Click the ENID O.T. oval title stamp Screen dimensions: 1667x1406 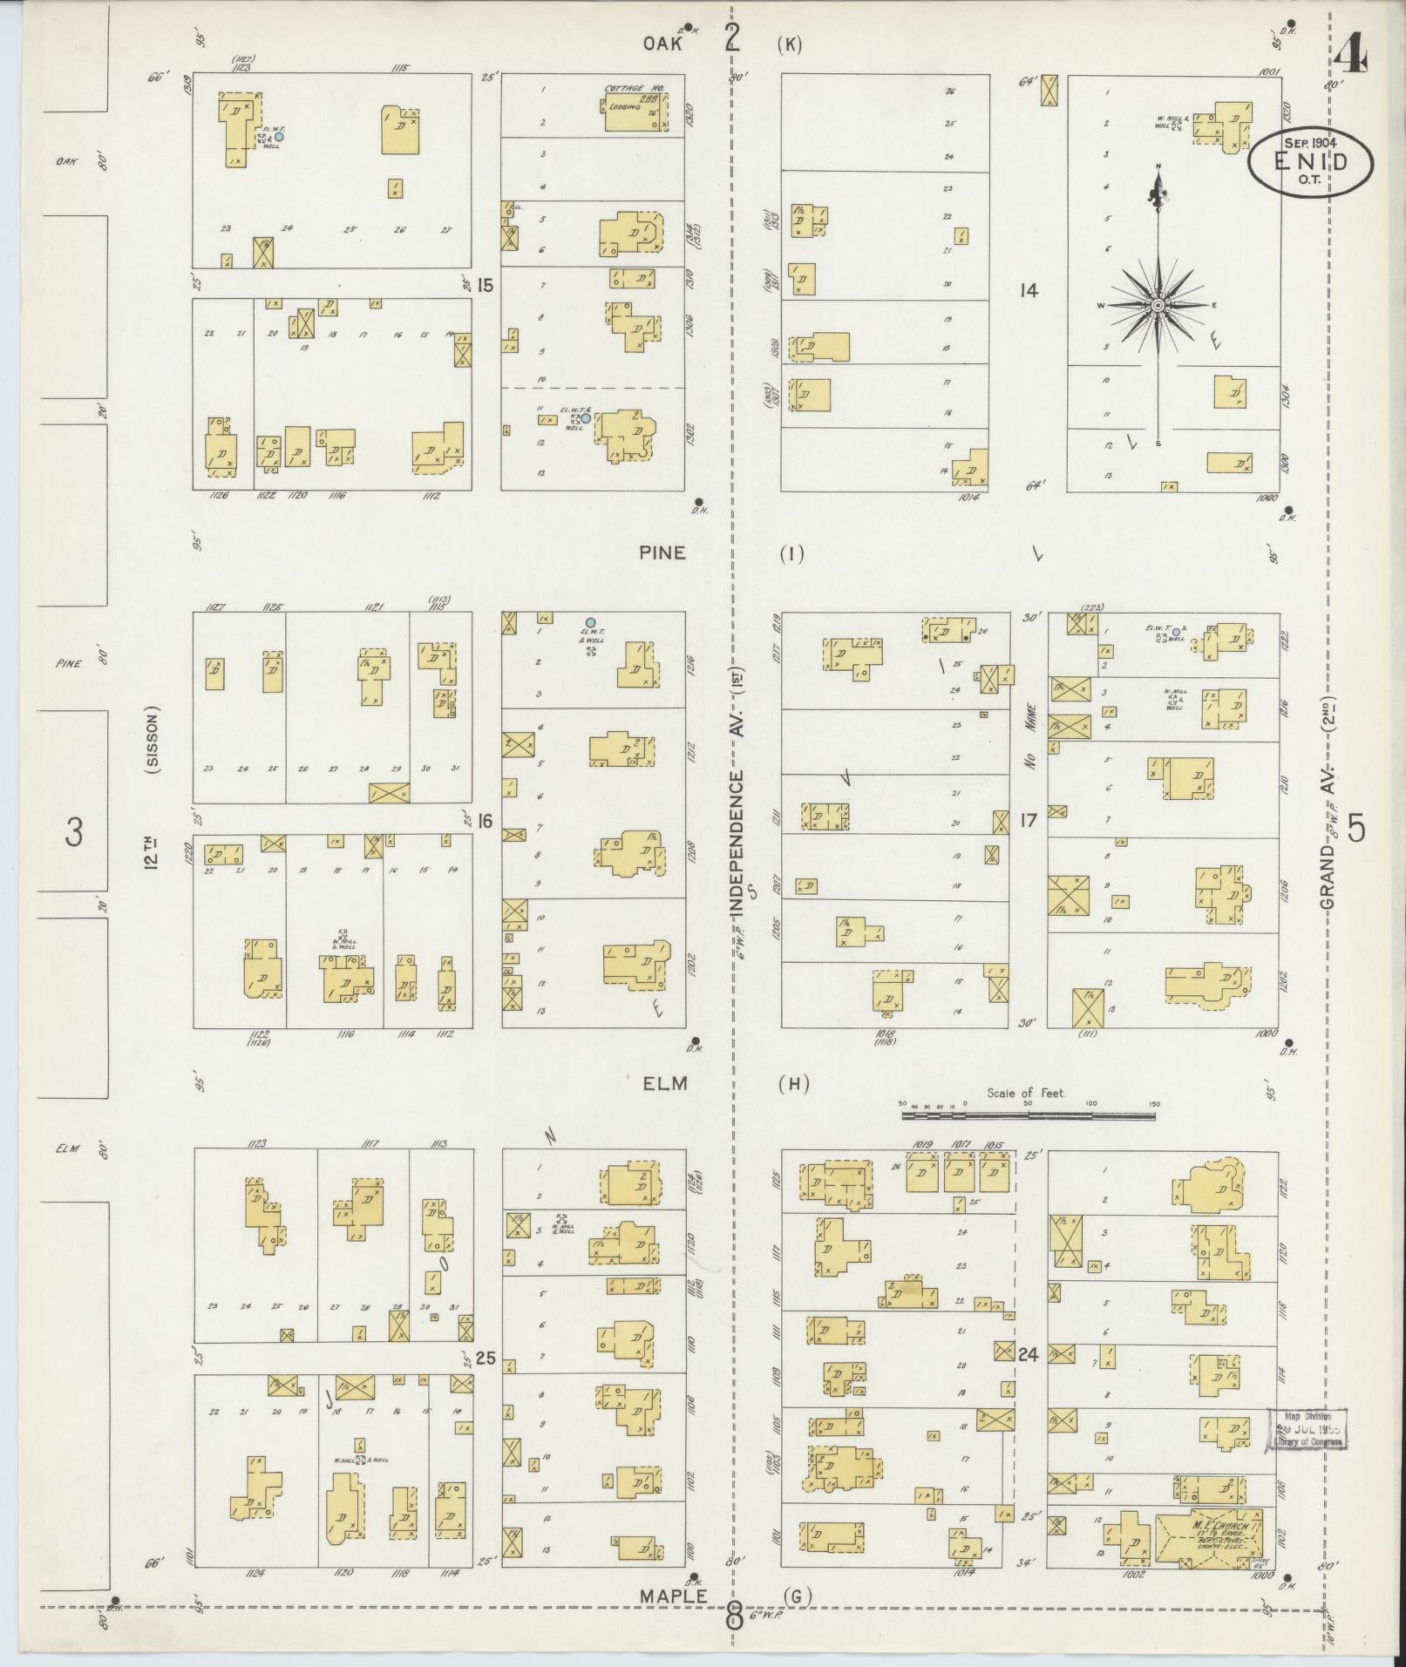pyautogui.click(x=1309, y=162)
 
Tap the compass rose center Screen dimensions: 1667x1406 pyautogui.click(x=1158, y=306)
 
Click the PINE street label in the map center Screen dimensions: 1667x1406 pyautogui.click(x=662, y=552)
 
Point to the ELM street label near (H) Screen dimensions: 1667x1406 pyautogui.click(x=666, y=1084)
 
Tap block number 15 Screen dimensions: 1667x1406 pyautogui.click(x=486, y=284)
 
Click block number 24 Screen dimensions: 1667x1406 pyautogui.click(x=1029, y=1354)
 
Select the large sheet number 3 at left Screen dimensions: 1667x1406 pyautogui.click(x=74, y=834)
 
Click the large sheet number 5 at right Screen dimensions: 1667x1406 pyautogui.click(x=1356, y=828)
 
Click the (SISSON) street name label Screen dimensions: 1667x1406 pyautogui.click(x=153, y=741)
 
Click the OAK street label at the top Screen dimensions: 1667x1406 pyautogui.click(x=662, y=44)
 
